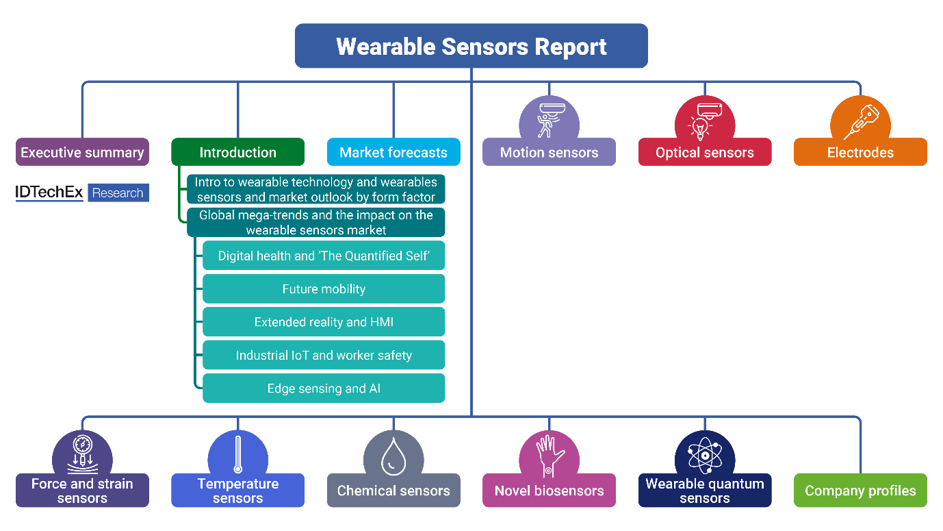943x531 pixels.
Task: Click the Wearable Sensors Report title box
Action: [x=471, y=46]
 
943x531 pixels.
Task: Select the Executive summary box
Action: [x=82, y=152]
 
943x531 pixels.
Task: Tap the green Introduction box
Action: [x=237, y=152]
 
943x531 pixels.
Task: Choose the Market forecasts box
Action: [x=393, y=152]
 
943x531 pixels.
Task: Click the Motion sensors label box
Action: [x=549, y=152]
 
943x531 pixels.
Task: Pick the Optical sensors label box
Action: [x=704, y=152]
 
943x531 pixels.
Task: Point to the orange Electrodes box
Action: [x=860, y=152]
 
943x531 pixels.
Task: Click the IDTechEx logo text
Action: [x=49, y=193]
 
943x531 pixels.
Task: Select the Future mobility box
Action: [x=324, y=288]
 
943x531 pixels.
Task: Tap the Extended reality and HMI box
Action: [x=324, y=322]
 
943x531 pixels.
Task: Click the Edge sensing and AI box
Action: [x=324, y=388]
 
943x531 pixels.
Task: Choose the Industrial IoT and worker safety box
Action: [x=324, y=355]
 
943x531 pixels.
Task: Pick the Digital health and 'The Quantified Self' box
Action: [x=324, y=256]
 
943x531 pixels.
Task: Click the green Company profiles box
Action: [x=860, y=491]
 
